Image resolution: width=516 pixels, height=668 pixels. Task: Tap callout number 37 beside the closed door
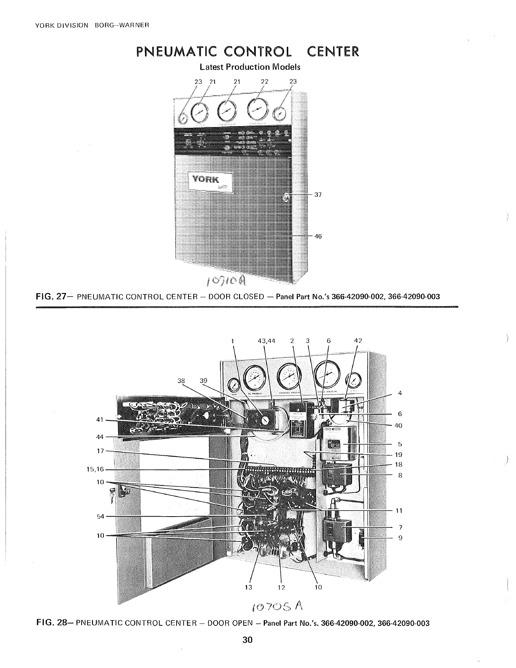[x=318, y=194]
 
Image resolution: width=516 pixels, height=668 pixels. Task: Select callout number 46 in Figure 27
[x=318, y=236]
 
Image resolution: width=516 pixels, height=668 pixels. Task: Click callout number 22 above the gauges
[x=264, y=81]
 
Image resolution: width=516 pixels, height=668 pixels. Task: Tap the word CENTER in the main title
[x=333, y=51]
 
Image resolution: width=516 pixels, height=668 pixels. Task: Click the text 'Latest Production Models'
[x=250, y=67]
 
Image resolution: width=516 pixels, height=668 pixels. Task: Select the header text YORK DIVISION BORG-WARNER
[x=92, y=26]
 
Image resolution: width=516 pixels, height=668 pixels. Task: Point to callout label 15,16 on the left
[x=95, y=469]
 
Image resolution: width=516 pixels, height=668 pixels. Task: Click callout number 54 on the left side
[x=101, y=516]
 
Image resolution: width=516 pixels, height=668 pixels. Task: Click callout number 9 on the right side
[x=400, y=537]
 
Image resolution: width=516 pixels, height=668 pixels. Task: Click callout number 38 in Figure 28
[x=181, y=380]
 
